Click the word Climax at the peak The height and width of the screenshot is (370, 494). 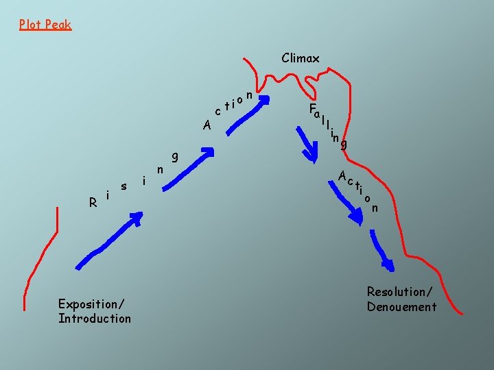(301, 58)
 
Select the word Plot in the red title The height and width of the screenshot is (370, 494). (30, 25)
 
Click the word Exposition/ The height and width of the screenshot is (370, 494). (91, 304)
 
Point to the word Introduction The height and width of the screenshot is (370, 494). (95, 319)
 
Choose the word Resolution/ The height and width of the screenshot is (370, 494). (399, 292)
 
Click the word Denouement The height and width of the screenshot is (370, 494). (401, 307)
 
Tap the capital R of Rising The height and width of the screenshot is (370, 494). (93, 202)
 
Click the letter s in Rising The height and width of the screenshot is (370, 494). (123, 186)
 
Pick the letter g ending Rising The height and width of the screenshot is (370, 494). (175, 157)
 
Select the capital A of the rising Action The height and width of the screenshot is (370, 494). (207, 125)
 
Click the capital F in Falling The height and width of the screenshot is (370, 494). (312, 108)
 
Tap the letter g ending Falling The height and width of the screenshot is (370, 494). (344, 144)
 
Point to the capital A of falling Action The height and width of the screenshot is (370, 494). (342, 175)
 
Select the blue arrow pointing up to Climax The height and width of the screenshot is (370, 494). (246, 116)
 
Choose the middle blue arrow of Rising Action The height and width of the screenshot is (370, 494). (188, 170)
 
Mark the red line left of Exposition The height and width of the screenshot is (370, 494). (41, 258)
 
